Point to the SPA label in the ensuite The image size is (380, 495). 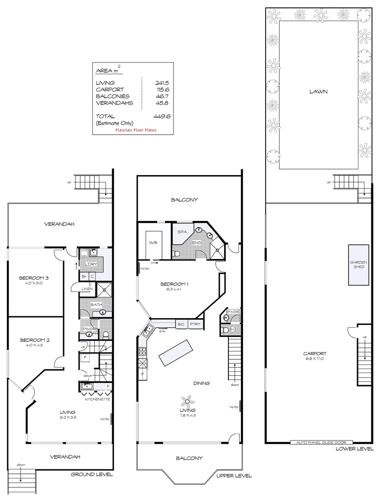coord(182,232)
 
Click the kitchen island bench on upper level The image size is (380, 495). coord(174,352)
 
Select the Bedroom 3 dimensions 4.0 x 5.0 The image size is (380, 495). coord(34,284)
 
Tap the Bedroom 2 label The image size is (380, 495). coord(34,340)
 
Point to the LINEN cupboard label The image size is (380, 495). coord(87,288)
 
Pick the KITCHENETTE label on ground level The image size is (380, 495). coord(97,399)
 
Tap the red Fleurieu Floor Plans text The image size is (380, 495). coord(136,130)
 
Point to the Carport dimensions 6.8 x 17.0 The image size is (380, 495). coord(315,359)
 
